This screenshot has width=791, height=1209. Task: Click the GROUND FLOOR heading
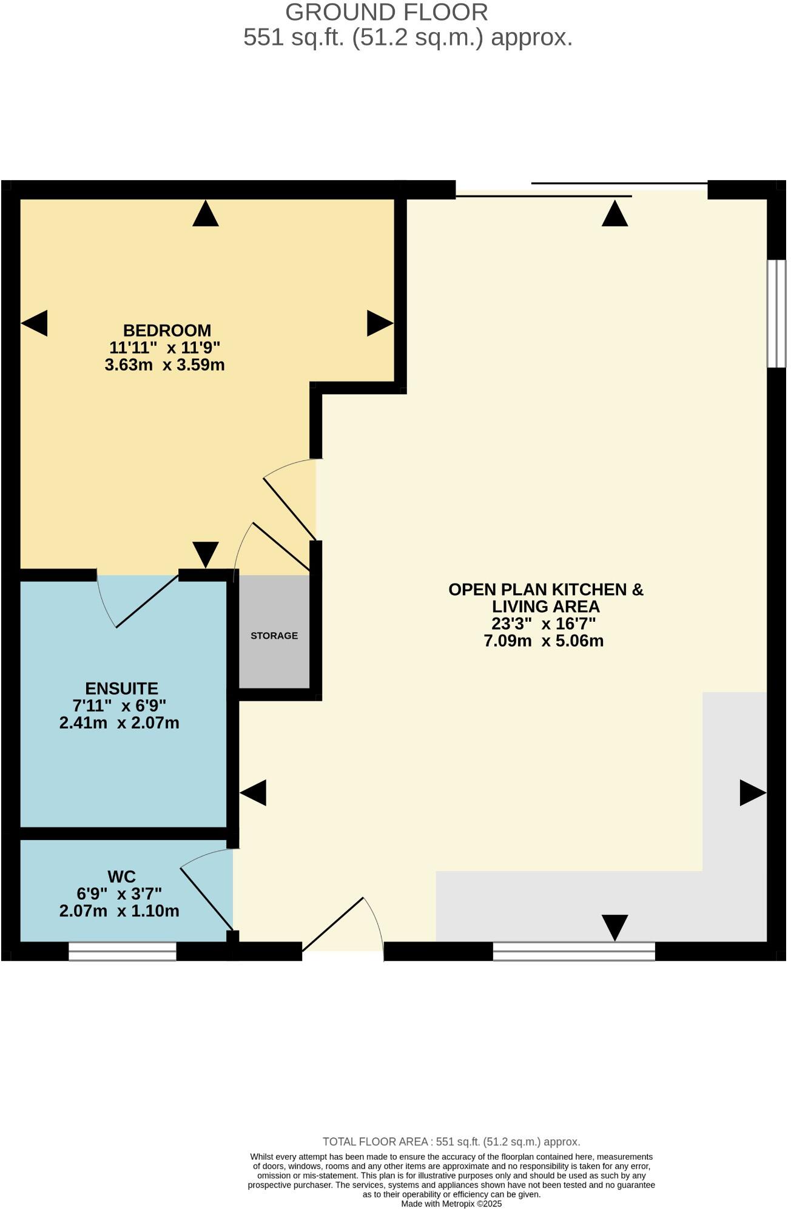[386, 12]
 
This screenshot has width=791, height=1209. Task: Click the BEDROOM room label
[167, 331]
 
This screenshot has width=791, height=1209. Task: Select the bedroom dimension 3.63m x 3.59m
[164, 365]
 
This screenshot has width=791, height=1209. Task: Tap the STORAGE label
[274, 636]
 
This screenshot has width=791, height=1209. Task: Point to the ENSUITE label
[121, 689]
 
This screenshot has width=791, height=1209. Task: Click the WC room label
[121, 877]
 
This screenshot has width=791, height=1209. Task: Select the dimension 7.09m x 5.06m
[544, 641]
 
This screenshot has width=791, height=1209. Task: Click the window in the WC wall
[122, 951]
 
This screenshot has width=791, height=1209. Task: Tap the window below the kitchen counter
[573, 951]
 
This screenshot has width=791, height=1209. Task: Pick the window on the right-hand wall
[776, 314]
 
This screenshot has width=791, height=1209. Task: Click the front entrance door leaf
[332, 924]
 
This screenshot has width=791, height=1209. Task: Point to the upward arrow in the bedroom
[205, 214]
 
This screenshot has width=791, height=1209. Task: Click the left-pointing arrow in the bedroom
[34, 323]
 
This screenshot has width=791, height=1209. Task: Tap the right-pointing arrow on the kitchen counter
[752, 793]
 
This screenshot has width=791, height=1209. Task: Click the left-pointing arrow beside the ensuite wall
[253, 793]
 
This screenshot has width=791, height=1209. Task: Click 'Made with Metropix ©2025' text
[451, 1204]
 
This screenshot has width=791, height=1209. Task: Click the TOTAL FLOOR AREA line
[451, 1142]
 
